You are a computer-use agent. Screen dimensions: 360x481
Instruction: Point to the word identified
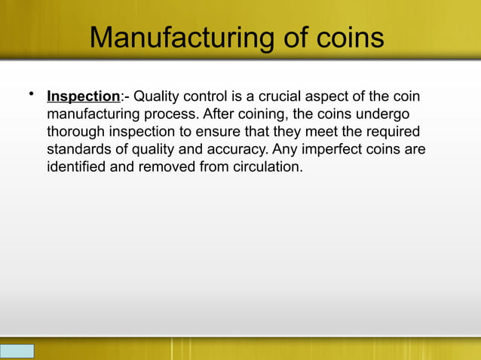[76, 166]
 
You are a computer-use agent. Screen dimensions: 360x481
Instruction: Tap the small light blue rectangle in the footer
[17, 351]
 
